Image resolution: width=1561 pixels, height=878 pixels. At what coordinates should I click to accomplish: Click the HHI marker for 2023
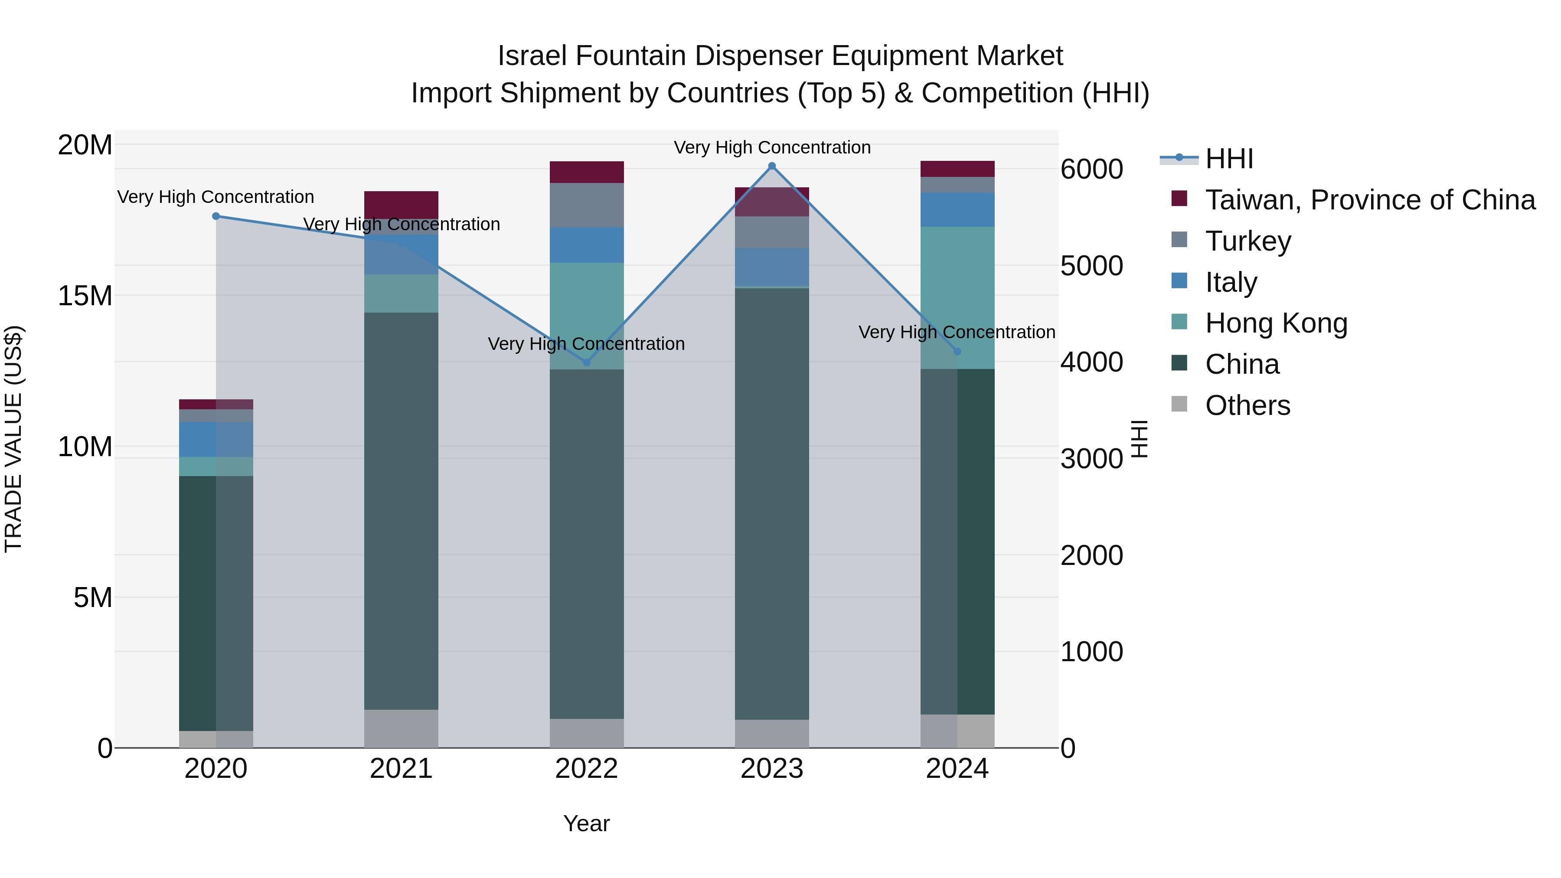click(x=771, y=166)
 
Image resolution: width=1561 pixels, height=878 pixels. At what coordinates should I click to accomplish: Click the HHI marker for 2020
click(x=216, y=216)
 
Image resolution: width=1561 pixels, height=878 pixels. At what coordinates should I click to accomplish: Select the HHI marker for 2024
click(x=957, y=352)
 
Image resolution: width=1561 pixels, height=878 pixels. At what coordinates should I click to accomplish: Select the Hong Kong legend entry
click(x=1276, y=323)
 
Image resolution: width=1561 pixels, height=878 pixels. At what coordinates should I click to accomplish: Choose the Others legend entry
click(x=1247, y=405)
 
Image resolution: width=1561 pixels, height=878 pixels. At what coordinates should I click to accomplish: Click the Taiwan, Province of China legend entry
click(x=1369, y=200)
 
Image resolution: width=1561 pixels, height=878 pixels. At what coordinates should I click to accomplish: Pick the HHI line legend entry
click(x=1228, y=159)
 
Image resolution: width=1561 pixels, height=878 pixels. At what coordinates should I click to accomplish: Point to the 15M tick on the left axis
click(x=85, y=296)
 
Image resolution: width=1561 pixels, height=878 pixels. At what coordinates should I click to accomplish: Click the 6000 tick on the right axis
click(x=1091, y=169)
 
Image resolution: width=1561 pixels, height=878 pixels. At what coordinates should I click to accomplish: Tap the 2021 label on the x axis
click(x=401, y=769)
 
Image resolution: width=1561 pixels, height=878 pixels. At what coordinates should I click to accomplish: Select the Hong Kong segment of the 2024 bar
click(x=957, y=297)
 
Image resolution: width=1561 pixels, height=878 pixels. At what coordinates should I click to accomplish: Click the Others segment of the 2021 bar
click(x=401, y=728)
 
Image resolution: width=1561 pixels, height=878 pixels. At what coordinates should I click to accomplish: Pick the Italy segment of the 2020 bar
click(x=216, y=439)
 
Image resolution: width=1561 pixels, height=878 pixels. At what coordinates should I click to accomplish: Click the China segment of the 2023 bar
click(x=771, y=503)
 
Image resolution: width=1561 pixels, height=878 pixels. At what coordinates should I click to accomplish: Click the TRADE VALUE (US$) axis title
click(x=13, y=439)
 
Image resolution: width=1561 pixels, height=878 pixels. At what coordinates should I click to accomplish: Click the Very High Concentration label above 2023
click(x=771, y=147)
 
